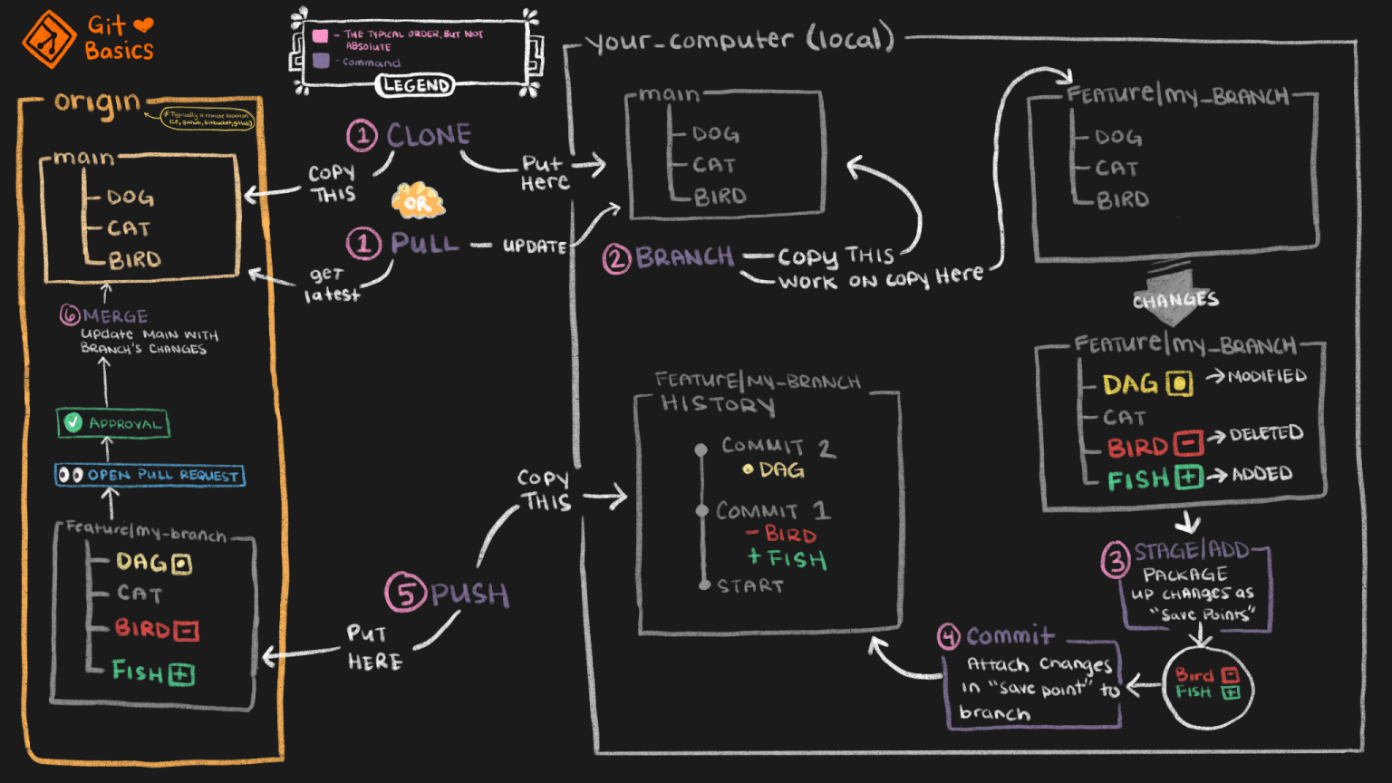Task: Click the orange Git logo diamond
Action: (x=49, y=39)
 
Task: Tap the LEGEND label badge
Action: (x=415, y=85)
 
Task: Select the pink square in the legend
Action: (x=320, y=36)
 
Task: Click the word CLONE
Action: (x=429, y=136)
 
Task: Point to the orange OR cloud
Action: (x=417, y=202)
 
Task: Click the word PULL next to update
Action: (x=424, y=244)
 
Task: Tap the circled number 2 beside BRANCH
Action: (x=616, y=259)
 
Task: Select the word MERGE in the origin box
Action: (x=115, y=316)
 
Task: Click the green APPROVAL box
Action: (x=113, y=423)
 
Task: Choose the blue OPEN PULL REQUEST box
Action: (x=150, y=475)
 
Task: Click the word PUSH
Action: (x=469, y=594)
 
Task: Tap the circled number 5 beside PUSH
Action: (x=405, y=594)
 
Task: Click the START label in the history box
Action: (x=749, y=586)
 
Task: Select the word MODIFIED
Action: (x=1267, y=376)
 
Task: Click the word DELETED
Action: (x=1266, y=434)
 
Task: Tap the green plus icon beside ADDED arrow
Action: (x=1188, y=477)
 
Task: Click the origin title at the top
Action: (x=97, y=102)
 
